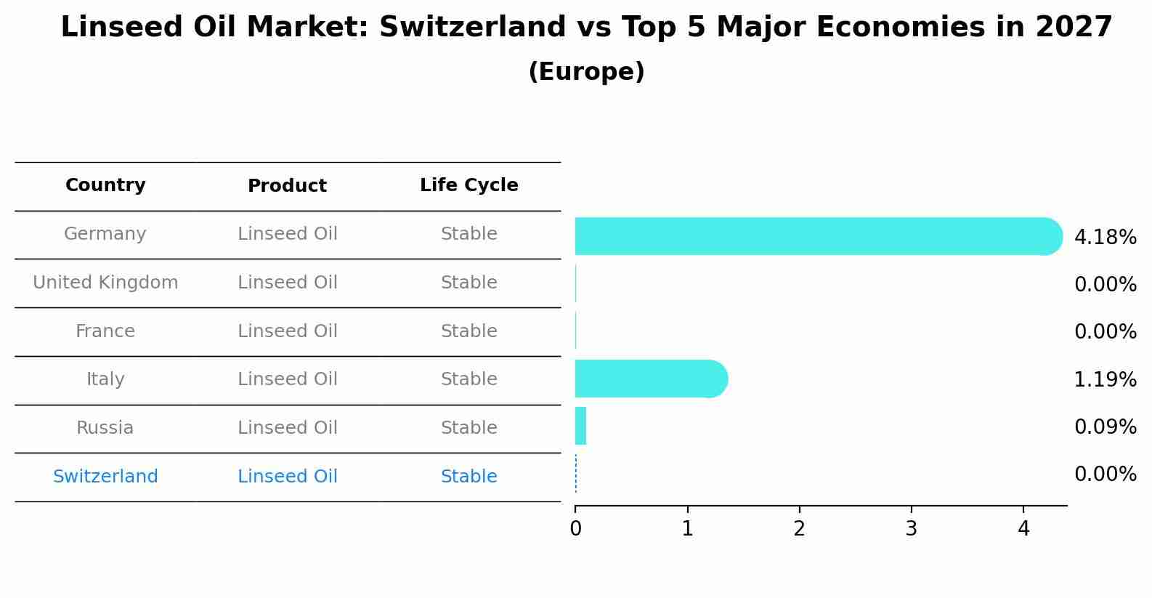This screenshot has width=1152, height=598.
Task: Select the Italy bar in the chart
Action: tap(650, 379)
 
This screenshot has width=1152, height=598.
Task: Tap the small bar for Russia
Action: tap(580, 427)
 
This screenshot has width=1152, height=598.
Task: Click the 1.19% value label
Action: tap(1105, 379)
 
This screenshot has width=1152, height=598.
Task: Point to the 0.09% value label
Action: tap(1105, 427)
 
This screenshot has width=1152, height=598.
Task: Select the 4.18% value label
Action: tap(1105, 237)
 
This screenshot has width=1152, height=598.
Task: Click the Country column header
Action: tap(105, 185)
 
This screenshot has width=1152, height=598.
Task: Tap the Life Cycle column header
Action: tap(468, 185)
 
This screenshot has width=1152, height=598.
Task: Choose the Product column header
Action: tap(287, 186)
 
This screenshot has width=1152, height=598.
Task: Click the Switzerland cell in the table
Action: tap(105, 477)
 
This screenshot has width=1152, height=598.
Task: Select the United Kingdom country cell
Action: tap(105, 283)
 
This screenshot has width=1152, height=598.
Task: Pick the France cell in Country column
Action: tap(105, 331)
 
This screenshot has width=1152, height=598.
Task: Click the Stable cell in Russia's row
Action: tap(468, 428)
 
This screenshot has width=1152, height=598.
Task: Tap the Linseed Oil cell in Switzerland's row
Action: tap(287, 477)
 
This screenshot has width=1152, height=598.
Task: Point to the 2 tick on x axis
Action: tap(799, 529)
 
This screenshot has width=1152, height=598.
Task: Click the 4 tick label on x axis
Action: tap(1023, 529)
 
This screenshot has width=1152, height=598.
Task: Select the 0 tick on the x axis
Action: tap(575, 529)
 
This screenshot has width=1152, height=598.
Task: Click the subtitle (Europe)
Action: tap(586, 72)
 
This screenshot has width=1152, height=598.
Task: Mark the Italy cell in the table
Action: tap(105, 379)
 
